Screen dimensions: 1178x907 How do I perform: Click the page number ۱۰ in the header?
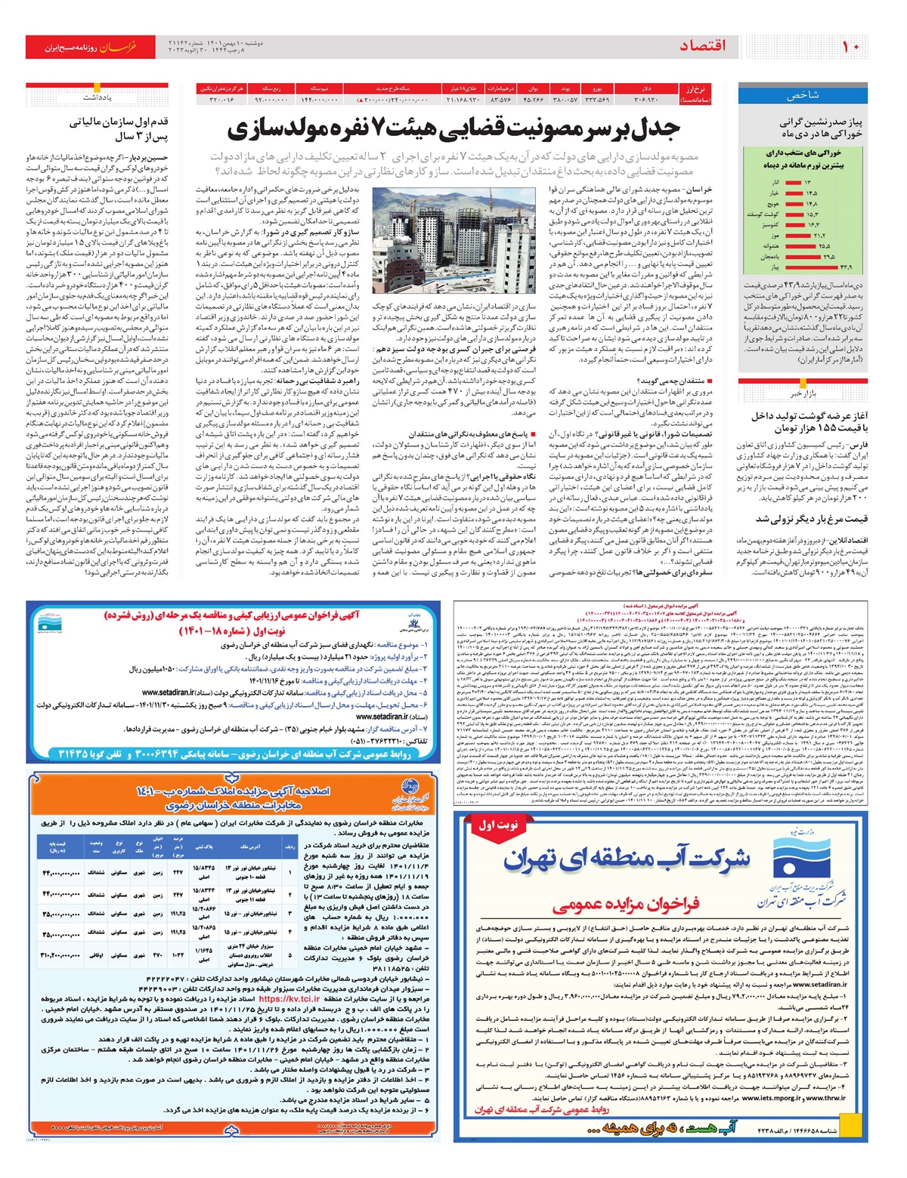851,46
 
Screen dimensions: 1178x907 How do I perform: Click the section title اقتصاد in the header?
702,46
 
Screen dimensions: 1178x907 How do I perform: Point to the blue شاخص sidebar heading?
803,95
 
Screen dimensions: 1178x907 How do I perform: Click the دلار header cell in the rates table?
647,88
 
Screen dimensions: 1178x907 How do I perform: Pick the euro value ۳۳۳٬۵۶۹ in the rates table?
597,99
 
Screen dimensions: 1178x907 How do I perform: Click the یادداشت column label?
97,97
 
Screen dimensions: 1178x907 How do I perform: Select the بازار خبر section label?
803,393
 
